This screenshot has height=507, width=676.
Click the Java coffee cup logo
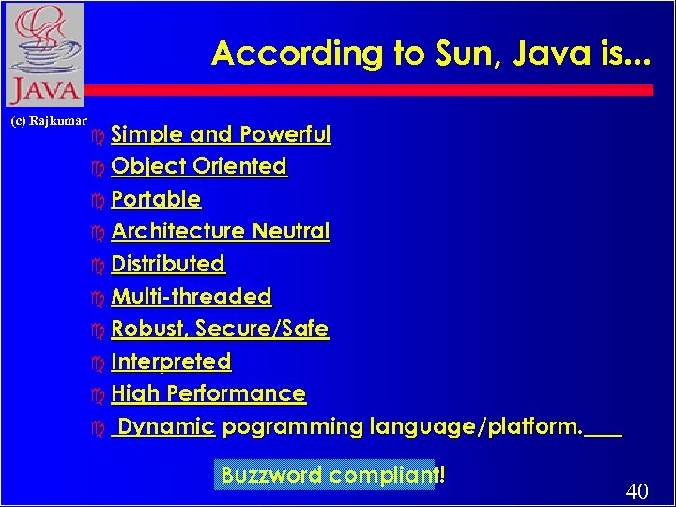pyautogui.click(x=44, y=54)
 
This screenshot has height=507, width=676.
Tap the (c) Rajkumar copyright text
pyautogui.click(x=48, y=121)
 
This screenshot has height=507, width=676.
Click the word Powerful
pyautogui.click(x=284, y=134)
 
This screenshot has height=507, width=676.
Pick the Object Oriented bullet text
pyautogui.click(x=198, y=166)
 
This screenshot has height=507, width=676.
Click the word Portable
pyautogui.click(x=156, y=199)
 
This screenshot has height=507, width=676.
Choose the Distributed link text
pyautogui.click(x=168, y=264)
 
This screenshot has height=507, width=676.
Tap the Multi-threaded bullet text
pyautogui.click(x=191, y=297)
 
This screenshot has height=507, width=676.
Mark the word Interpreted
pyautogui.click(x=171, y=361)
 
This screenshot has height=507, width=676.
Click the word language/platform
pyautogui.click(x=476, y=426)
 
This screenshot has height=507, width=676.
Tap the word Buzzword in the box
pyautogui.click(x=270, y=475)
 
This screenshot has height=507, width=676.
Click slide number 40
pyautogui.click(x=637, y=491)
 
